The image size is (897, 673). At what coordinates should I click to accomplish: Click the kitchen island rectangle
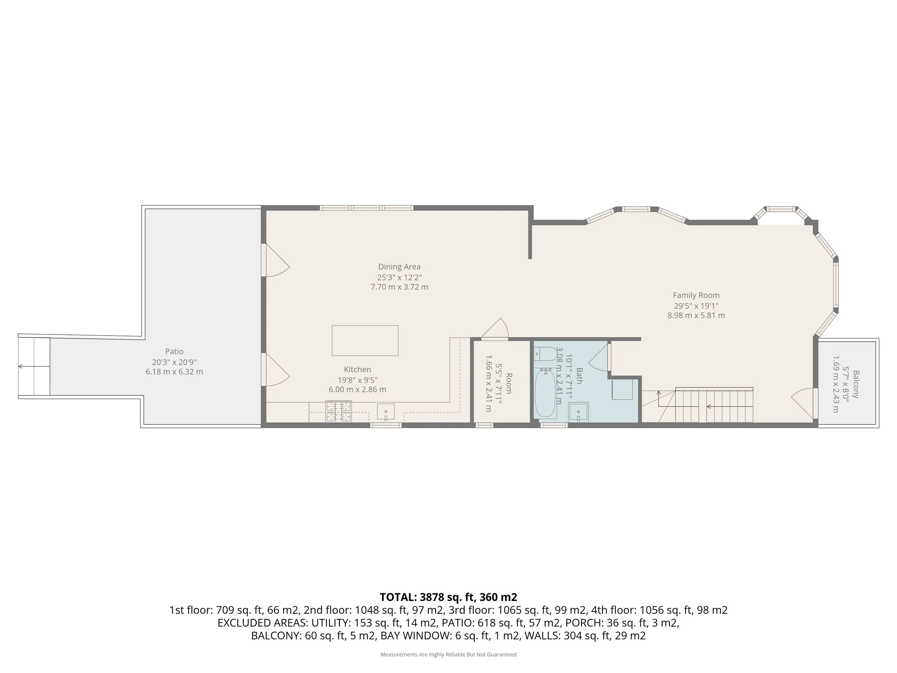pyautogui.click(x=365, y=340)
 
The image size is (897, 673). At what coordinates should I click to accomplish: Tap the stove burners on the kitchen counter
pyautogui.click(x=338, y=411)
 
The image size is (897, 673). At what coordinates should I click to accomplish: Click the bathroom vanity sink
pyautogui.click(x=578, y=412)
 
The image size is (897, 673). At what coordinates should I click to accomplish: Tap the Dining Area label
pyautogui.click(x=399, y=267)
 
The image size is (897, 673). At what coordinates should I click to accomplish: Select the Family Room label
pyautogui.click(x=696, y=295)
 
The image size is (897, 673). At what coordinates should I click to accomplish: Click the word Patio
pyautogui.click(x=174, y=352)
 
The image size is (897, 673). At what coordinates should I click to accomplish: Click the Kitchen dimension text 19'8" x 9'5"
pyautogui.click(x=358, y=380)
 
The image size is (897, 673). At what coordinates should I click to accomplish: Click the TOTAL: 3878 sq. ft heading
pyautogui.click(x=448, y=597)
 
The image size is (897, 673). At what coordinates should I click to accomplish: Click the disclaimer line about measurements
pyautogui.click(x=448, y=654)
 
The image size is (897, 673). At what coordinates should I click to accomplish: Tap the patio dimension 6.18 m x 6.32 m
pyautogui.click(x=174, y=371)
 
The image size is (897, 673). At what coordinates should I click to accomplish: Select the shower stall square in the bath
pyautogui.click(x=622, y=389)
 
